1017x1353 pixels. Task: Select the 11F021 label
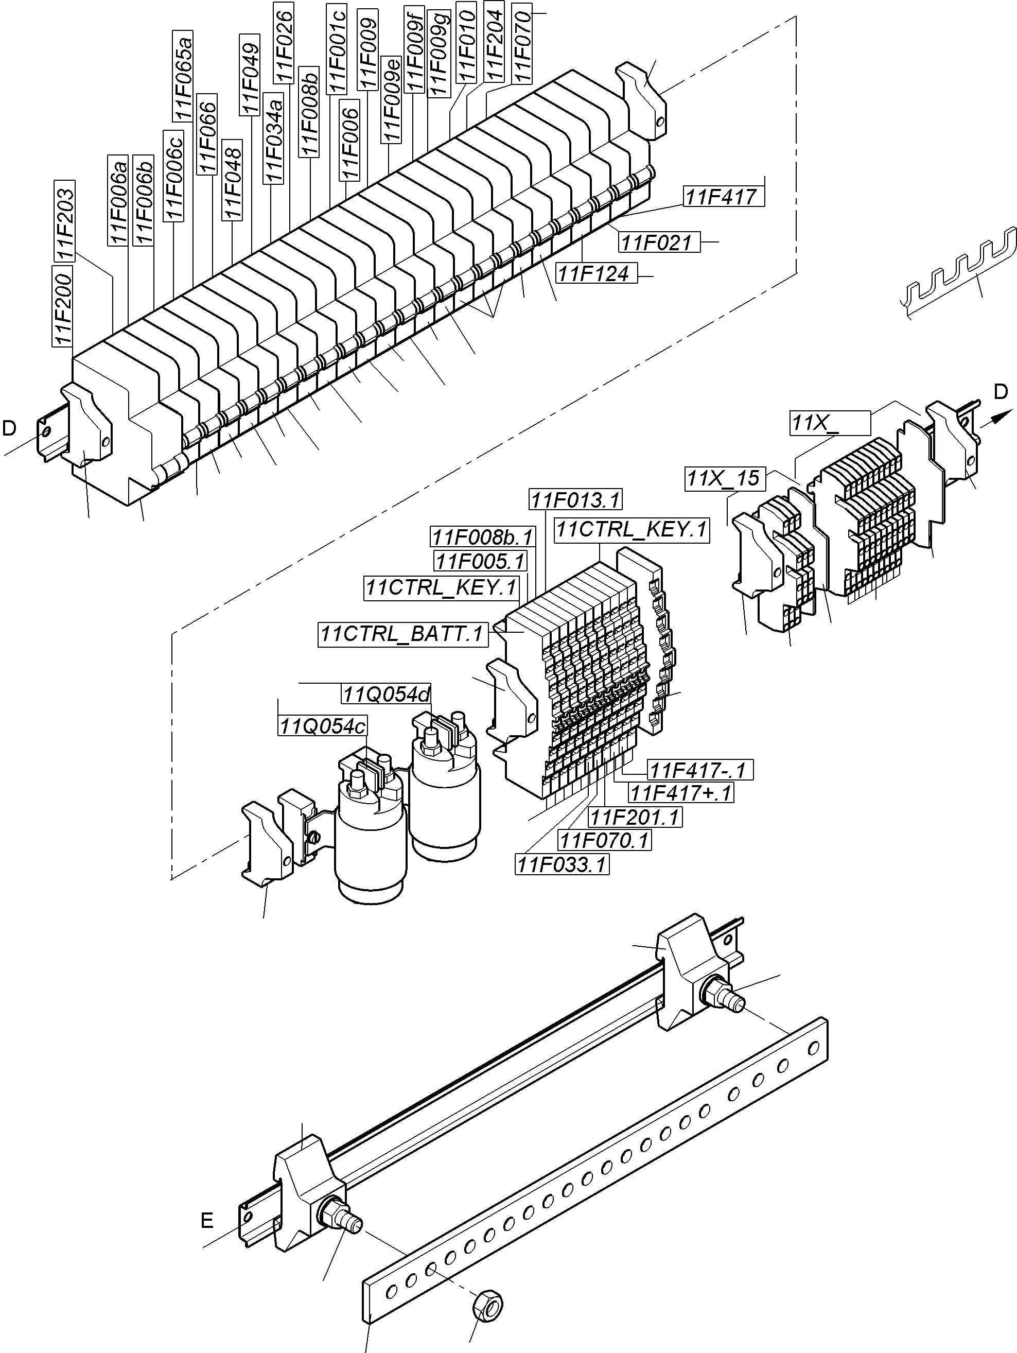657,242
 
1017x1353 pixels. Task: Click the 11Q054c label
322,726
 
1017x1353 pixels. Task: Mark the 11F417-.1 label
699,770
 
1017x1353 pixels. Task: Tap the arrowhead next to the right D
996,418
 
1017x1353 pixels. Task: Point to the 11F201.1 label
634,817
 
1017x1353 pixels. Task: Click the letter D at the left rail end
9,429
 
